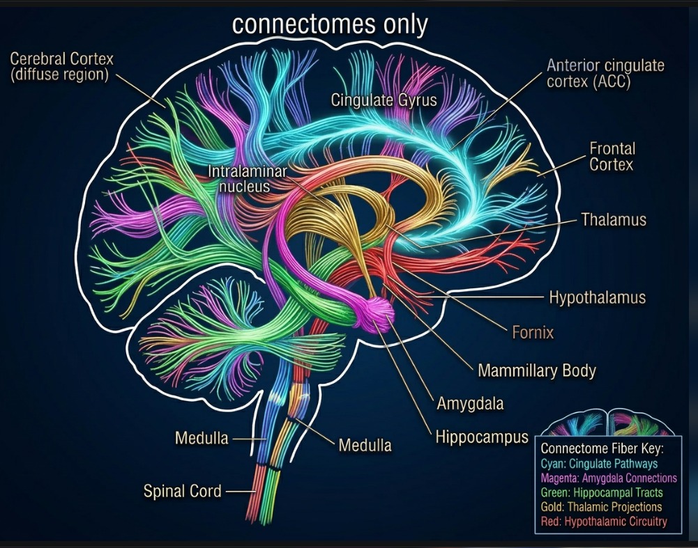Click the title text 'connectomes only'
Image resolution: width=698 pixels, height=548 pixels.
click(x=329, y=24)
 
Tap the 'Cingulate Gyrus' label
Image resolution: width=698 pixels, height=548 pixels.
click(x=384, y=100)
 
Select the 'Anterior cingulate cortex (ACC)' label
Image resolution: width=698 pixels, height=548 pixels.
click(x=605, y=74)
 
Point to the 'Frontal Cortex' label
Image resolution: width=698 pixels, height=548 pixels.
click(x=612, y=156)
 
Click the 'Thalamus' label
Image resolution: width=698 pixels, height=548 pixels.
click(x=614, y=220)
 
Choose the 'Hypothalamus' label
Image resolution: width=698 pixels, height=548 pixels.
click(x=597, y=298)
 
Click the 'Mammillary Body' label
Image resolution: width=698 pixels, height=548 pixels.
click(x=536, y=370)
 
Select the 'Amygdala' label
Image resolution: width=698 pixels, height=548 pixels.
click(x=470, y=403)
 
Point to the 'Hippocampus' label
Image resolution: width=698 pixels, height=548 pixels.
click(x=482, y=437)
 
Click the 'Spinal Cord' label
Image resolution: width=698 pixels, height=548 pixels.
click(x=182, y=491)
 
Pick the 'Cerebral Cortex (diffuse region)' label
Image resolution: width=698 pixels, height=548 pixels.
click(x=61, y=67)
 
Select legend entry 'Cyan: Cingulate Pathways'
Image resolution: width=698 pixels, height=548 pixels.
click(x=599, y=463)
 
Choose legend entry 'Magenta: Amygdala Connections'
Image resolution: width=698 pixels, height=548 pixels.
click(x=609, y=478)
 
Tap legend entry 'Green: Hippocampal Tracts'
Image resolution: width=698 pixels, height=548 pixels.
click(x=602, y=492)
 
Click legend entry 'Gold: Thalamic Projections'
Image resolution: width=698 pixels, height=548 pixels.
click(x=601, y=507)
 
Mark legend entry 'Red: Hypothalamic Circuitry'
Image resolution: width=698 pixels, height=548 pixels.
click(x=604, y=522)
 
